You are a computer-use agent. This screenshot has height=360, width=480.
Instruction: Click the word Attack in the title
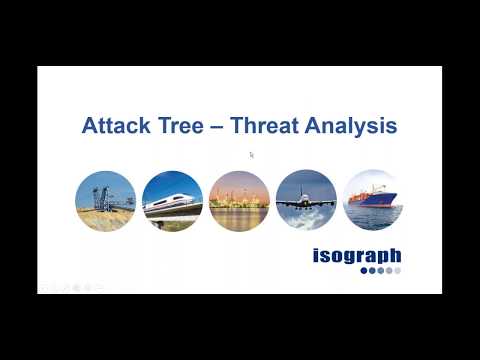click(111, 127)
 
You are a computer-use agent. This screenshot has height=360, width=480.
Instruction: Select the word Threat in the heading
click(267, 127)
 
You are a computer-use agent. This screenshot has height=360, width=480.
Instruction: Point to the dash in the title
click(217, 128)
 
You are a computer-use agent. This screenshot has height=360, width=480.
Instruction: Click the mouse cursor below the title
click(252, 155)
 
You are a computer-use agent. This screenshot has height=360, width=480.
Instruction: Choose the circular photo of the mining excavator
click(105, 201)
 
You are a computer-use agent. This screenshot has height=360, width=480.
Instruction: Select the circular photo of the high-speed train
click(172, 201)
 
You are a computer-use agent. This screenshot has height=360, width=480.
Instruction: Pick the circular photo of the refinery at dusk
click(239, 201)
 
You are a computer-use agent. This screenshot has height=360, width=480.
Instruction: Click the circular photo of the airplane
click(306, 201)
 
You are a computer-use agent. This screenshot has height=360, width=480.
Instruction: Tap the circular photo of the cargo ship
click(373, 201)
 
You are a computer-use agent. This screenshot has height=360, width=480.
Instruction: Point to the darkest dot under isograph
click(364, 270)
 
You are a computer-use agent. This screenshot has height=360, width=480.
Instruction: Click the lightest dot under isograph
click(397, 270)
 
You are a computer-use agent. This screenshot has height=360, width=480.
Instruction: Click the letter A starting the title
click(88, 127)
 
